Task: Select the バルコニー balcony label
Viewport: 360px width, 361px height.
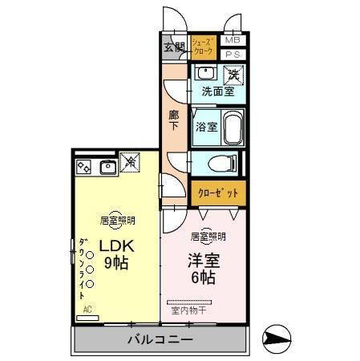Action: tap(160, 340)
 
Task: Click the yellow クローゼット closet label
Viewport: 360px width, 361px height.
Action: tap(218, 193)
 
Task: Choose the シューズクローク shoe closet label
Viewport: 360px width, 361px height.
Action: tap(203, 45)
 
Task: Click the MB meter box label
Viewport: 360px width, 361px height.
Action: tap(232, 40)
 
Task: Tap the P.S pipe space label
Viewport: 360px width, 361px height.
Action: tap(232, 55)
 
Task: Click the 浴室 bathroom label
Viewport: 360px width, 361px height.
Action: tap(205, 126)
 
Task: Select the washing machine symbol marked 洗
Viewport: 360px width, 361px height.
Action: tap(233, 75)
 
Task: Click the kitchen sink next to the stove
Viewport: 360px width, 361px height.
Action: tap(107, 167)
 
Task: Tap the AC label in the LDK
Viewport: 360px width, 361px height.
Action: tap(88, 308)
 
